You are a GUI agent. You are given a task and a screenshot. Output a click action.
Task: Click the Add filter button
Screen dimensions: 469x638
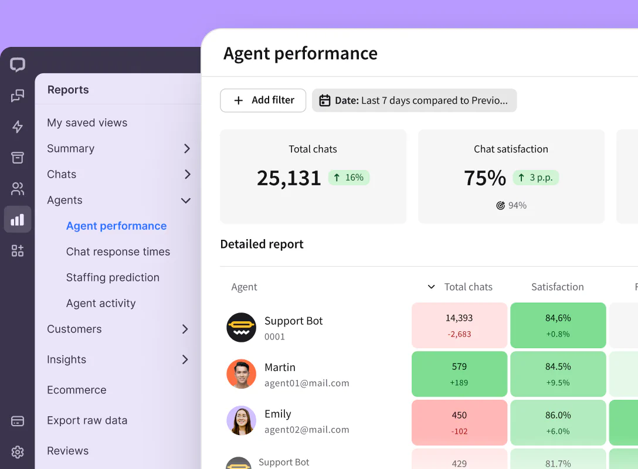coord(263,100)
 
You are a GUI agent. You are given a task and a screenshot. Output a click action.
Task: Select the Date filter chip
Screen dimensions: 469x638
coord(414,100)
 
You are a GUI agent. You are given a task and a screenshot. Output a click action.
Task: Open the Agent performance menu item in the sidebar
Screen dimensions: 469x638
coord(116,226)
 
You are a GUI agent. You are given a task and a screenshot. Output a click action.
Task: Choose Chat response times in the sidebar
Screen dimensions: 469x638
coord(118,252)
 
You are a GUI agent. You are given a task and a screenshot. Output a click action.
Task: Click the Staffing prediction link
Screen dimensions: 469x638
coord(113,277)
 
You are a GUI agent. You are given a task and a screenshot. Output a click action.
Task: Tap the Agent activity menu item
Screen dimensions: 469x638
coord(101,303)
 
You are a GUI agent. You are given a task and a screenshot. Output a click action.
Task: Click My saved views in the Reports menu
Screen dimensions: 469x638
coord(87,123)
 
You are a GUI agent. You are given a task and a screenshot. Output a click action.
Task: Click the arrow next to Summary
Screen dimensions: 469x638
coord(186,148)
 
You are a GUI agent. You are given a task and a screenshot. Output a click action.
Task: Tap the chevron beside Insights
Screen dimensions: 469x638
coord(185,359)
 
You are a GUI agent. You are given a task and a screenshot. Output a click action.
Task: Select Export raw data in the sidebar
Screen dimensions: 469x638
coord(87,420)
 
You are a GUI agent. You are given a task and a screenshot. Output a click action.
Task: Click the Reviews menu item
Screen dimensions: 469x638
coord(67,451)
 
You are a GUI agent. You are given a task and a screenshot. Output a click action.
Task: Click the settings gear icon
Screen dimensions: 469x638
coord(18,452)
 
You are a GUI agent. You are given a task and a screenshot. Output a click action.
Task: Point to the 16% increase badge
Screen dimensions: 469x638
coord(348,178)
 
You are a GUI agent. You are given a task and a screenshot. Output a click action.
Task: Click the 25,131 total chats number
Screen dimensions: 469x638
coord(289,178)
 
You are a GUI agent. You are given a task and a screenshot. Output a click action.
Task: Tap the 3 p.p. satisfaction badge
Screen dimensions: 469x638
coord(535,178)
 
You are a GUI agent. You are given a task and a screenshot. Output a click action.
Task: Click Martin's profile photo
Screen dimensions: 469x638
coord(242,374)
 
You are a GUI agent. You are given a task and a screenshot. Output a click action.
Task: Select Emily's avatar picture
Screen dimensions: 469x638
coord(242,420)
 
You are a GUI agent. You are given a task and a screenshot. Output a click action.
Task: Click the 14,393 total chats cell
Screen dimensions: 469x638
coord(459,325)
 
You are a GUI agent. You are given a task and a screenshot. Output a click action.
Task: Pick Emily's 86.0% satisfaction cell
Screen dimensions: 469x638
coord(558,422)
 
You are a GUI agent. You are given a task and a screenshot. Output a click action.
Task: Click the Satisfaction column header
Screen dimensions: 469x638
coord(557,287)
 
